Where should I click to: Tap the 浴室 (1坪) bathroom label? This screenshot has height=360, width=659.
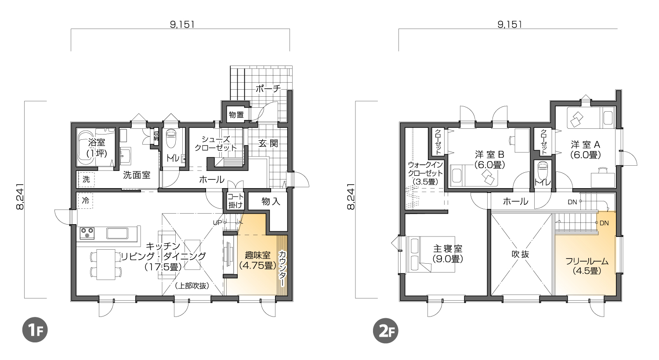(x=97, y=148)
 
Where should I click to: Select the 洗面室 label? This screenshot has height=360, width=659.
(x=137, y=175)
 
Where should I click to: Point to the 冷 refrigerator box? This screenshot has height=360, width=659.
(x=85, y=201)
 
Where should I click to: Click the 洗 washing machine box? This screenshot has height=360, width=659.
(x=86, y=179)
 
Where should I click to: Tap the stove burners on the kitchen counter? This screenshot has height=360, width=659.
(x=87, y=233)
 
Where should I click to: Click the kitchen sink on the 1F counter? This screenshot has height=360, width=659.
(x=117, y=233)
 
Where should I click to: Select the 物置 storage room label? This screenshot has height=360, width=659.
(x=236, y=114)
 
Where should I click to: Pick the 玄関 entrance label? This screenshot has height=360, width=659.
(x=268, y=143)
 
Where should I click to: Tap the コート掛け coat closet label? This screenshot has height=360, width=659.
(x=235, y=201)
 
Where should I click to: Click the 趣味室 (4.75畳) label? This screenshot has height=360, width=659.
(x=257, y=260)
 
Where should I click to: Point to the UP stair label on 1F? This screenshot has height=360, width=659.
(x=217, y=222)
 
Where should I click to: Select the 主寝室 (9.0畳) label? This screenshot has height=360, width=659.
(x=448, y=254)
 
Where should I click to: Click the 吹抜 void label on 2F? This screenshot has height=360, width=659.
(x=520, y=254)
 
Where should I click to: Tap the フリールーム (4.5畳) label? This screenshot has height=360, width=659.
(x=587, y=265)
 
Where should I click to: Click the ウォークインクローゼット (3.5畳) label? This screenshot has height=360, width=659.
(x=425, y=173)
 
